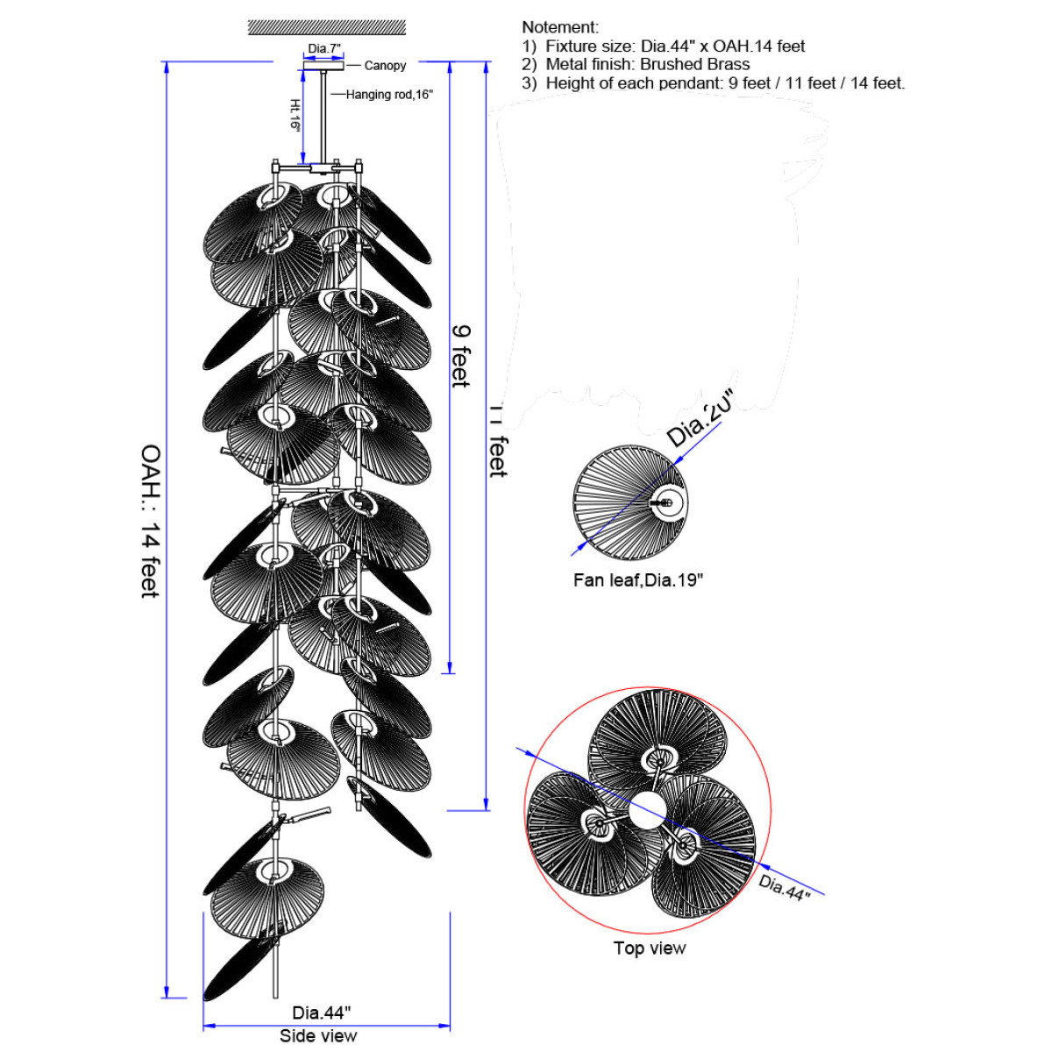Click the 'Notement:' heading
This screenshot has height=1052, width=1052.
(560, 27)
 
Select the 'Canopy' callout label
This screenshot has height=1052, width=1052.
(385, 66)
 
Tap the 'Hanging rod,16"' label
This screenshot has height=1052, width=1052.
(389, 95)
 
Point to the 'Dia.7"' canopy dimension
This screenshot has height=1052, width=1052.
(324, 49)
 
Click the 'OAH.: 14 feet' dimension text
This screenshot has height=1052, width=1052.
(151, 522)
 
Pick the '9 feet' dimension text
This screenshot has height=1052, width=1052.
(461, 356)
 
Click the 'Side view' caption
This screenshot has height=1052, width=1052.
(318, 1035)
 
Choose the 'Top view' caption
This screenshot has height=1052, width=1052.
(650, 948)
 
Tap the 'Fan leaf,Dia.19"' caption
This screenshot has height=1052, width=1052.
(638, 579)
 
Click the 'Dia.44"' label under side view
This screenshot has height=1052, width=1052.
(322, 1013)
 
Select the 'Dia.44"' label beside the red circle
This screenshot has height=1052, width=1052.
(785, 886)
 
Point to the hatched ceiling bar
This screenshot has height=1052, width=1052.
(326, 27)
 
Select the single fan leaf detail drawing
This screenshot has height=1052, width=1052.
(630, 502)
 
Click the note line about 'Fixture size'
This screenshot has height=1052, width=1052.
(664, 46)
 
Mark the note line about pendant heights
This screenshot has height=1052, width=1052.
(714, 83)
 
